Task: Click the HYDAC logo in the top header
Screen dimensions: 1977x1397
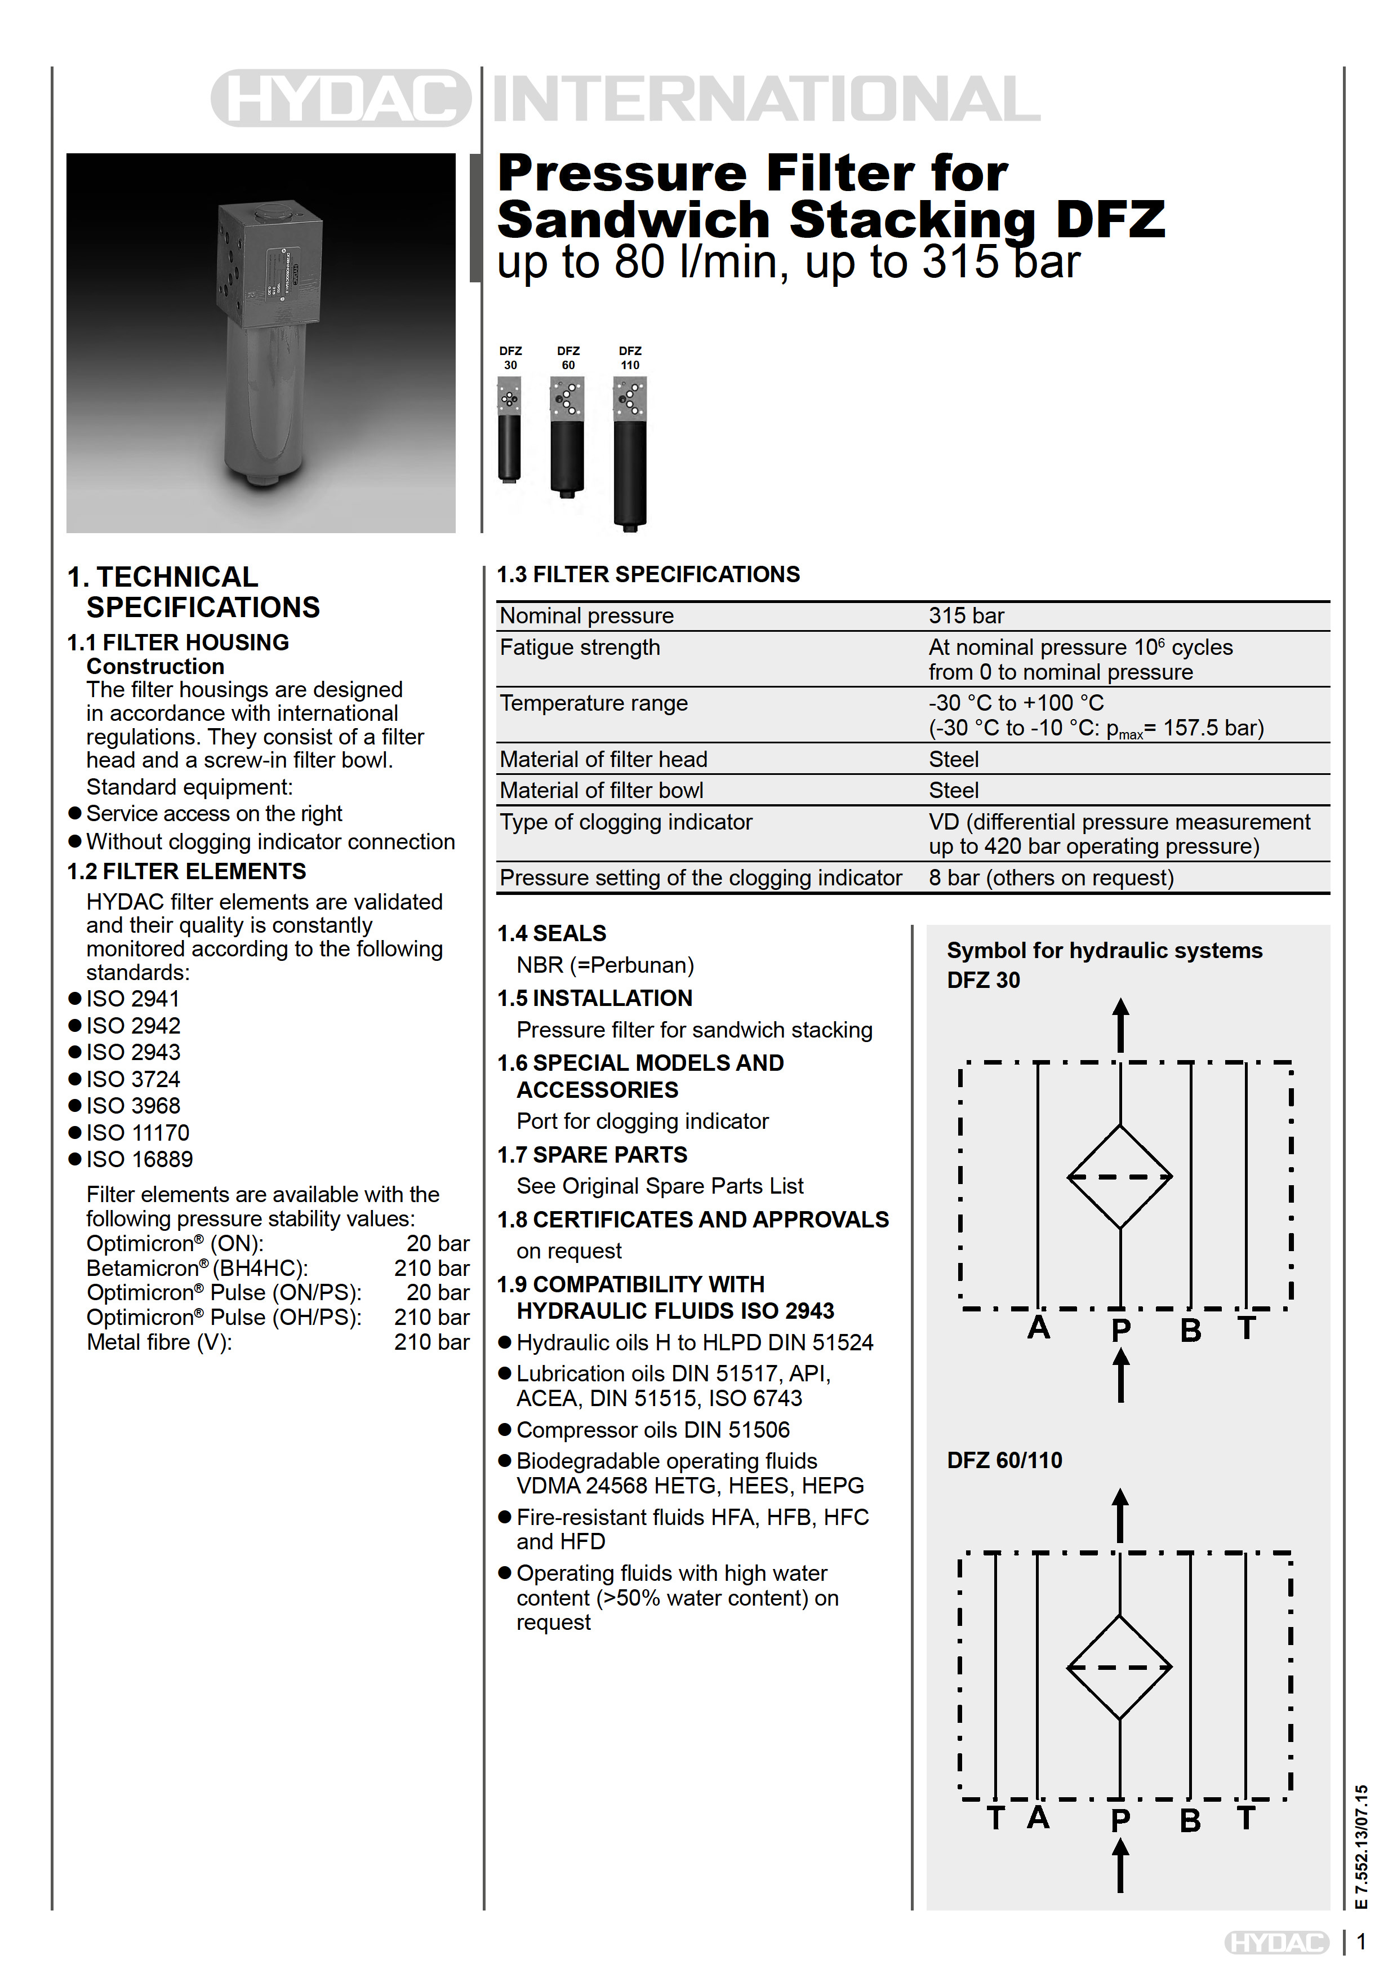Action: click(341, 98)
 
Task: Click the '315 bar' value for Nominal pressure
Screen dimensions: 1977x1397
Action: click(966, 615)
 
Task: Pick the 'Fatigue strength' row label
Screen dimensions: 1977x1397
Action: click(580, 648)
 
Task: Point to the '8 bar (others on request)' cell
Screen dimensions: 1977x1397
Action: click(1051, 877)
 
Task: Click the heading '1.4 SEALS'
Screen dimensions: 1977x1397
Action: click(551, 933)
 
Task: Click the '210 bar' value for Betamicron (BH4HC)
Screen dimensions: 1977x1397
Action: click(431, 1269)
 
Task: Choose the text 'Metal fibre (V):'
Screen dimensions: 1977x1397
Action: click(159, 1342)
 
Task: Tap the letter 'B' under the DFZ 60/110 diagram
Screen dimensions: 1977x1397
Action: click(1190, 1820)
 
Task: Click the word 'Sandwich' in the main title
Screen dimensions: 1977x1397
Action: click(634, 220)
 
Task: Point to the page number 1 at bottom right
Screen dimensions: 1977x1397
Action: click(1362, 1943)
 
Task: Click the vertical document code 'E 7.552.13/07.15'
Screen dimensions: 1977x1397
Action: click(1361, 1847)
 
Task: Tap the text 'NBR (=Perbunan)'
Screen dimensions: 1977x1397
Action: click(605, 965)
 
